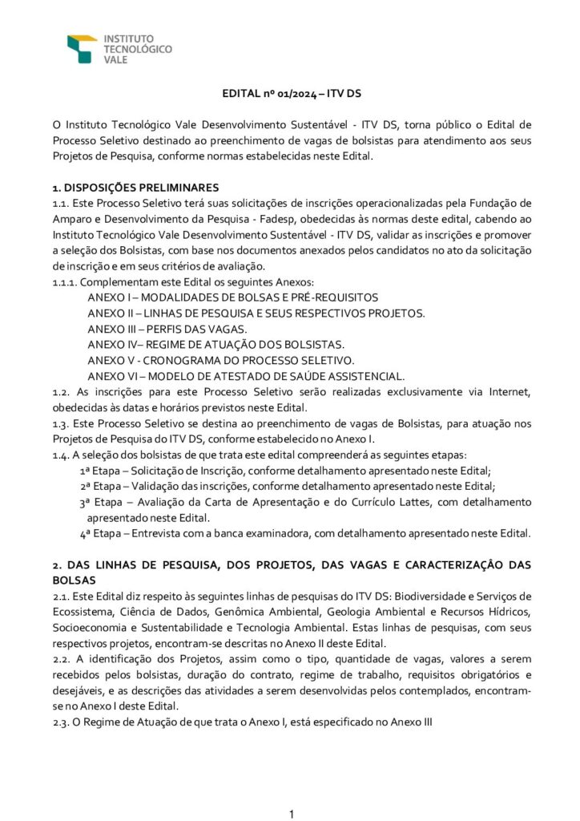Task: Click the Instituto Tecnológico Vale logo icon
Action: tap(82, 48)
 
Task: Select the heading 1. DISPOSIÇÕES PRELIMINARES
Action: tap(130, 188)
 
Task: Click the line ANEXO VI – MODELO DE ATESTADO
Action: tap(246, 375)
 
